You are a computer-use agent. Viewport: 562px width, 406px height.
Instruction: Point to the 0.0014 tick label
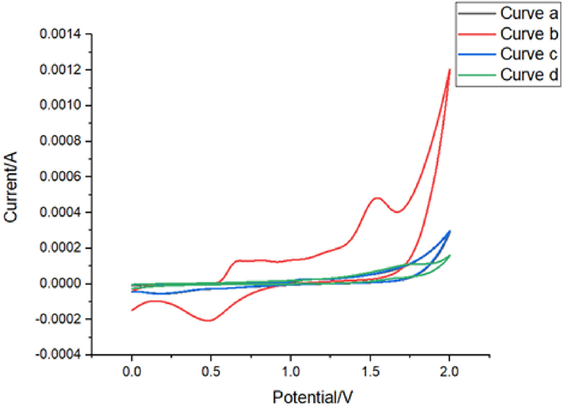[62, 35]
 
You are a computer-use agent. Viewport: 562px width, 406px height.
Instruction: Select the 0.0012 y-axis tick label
[62, 70]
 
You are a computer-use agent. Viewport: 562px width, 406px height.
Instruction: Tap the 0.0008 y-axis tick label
[62, 141]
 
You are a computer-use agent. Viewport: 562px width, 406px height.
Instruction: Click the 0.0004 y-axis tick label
[62, 213]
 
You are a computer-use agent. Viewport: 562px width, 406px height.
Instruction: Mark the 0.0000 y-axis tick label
[62, 283]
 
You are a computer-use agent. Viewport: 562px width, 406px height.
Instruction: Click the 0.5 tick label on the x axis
[211, 371]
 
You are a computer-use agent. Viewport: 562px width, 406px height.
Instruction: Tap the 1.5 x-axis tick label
[370, 371]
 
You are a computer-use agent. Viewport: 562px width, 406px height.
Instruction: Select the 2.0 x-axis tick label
[450, 371]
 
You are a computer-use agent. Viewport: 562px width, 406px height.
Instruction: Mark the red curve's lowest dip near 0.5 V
[209, 320]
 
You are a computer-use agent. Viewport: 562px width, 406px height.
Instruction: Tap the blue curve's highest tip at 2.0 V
[450, 231]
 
